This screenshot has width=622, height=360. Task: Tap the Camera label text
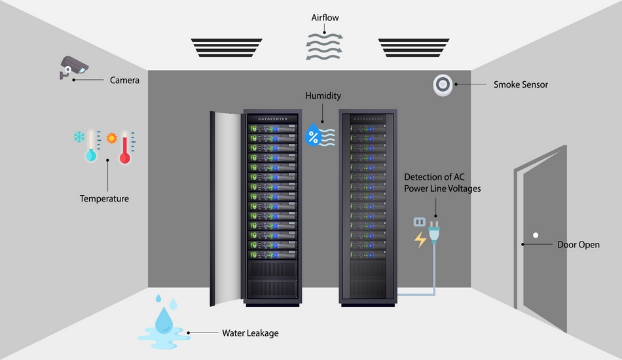pos(124,81)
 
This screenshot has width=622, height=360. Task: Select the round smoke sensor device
pos(443,84)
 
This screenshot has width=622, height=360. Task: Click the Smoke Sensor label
pos(521,84)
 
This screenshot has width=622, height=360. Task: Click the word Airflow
pos(325,18)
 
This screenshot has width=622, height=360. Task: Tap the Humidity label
pos(323,96)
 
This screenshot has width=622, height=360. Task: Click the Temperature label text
pos(104,198)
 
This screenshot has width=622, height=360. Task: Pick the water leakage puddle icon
pos(160,327)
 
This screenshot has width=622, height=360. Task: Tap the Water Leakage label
pos(250,333)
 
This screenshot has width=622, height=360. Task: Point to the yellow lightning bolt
pos(420,240)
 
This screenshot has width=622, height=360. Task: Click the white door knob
pos(535,235)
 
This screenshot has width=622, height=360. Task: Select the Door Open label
pos(578,245)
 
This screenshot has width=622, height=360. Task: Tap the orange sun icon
pos(112,138)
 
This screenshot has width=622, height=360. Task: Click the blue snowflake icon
pos(79,137)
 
